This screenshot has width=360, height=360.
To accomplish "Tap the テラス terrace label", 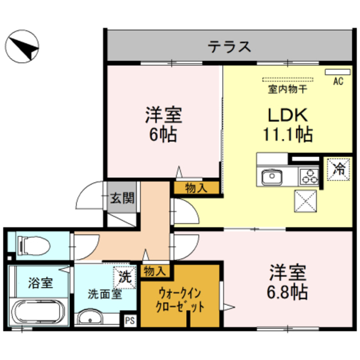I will point(229,46).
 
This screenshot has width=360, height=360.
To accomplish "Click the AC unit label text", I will point(337,81).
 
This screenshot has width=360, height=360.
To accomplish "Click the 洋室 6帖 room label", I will point(163,125).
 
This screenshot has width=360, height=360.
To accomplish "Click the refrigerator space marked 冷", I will point(339,168).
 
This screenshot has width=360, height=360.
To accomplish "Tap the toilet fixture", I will point(34,245).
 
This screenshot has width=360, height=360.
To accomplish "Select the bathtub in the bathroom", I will point(39,313).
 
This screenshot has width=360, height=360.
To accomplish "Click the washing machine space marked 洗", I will point(124,276).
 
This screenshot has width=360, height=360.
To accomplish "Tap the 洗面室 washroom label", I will point(103,294).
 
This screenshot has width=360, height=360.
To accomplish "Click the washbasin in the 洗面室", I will point(91,319).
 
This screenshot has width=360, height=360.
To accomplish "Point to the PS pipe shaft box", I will point(129,321).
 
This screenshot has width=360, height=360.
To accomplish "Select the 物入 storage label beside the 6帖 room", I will point(195,188).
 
